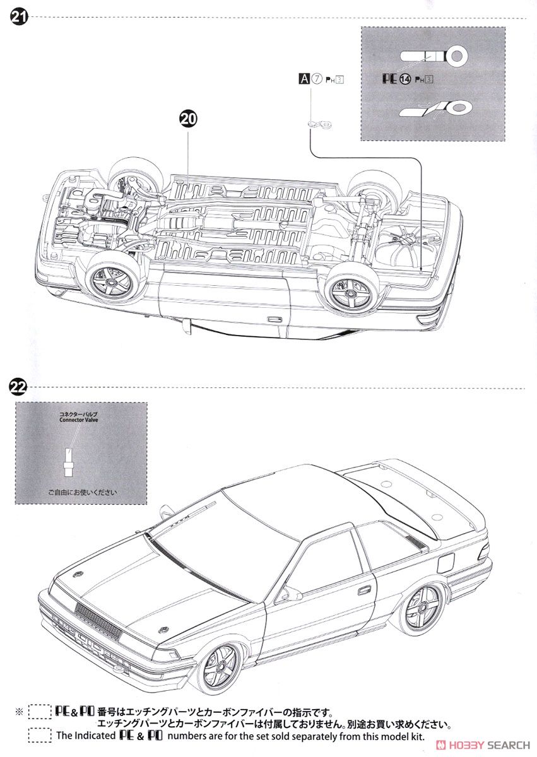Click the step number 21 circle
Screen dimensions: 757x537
point(18,17)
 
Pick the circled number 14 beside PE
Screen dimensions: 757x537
point(404,79)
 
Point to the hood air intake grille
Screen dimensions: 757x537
point(98,619)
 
